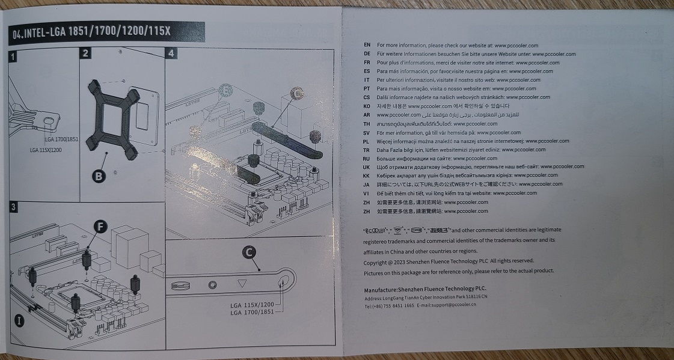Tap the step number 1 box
point(13,57)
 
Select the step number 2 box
point(86,53)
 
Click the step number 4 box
point(171,53)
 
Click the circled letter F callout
point(101,227)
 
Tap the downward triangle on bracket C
point(242,283)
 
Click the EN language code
point(367,45)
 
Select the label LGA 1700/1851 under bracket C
point(252,312)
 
